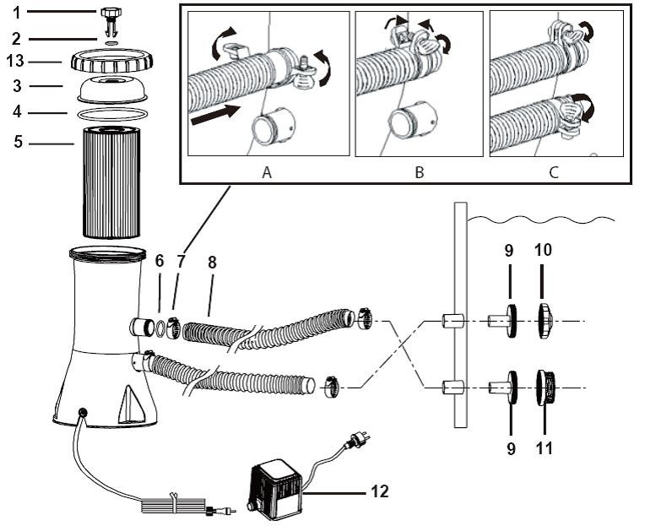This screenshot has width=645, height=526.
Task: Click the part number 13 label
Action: pyautogui.click(x=15, y=62)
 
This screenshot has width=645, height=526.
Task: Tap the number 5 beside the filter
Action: pyautogui.click(x=18, y=142)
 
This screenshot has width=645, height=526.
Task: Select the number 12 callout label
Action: pyautogui.click(x=379, y=491)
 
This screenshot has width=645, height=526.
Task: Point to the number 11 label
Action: pyautogui.click(x=544, y=447)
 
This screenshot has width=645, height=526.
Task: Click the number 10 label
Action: pyautogui.click(x=543, y=250)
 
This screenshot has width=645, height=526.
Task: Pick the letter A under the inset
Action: pyautogui.click(x=267, y=172)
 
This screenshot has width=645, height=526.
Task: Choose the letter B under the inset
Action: pyautogui.click(x=420, y=172)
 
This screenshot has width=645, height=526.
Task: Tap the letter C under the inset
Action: pyautogui.click(x=554, y=172)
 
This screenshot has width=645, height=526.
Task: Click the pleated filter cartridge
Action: pyautogui.click(x=111, y=182)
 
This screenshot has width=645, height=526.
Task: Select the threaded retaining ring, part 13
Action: pyautogui.click(x=112, y=61)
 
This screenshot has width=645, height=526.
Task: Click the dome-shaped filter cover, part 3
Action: pyautogui.click(x=112, y=89)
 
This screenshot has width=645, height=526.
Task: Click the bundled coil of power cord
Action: pyautogui.click(x=174, y=504)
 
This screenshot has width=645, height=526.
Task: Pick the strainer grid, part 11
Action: pyautogui.click(x=546, y=388)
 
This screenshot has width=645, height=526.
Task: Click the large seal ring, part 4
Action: pyautogui.click(x=112, y=114)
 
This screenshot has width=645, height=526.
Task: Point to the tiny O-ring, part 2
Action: pyautogui.click(x=111, y=42)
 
